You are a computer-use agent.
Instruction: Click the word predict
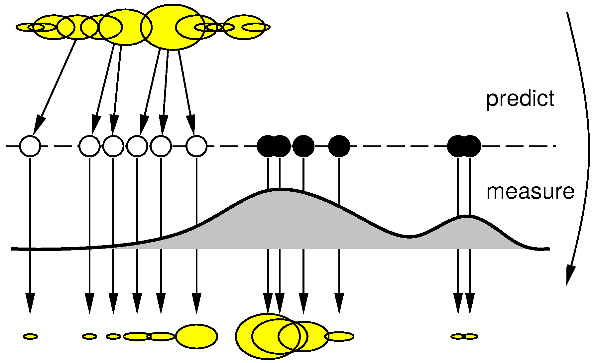[520, 99]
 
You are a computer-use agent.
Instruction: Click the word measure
[530, 192]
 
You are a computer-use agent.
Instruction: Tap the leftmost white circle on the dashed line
[30, 146]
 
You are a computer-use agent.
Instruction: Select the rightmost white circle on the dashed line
[196, 146]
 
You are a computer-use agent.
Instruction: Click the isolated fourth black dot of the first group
[339, 146]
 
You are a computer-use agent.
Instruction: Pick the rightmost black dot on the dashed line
[470, 146]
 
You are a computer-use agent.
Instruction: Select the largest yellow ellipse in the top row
[173, 27]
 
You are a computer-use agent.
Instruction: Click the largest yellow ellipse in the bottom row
[268, 336]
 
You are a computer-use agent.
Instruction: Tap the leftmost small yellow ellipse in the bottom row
[30, 337]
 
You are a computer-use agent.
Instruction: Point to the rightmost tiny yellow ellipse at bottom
[470, 337]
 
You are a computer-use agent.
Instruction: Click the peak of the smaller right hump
[467, 216]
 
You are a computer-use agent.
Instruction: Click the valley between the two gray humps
[410, 237]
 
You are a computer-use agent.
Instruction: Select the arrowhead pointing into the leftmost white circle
[38, 125]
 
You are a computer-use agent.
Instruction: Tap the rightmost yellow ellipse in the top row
[256, 27]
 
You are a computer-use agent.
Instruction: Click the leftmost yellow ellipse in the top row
[30, 27]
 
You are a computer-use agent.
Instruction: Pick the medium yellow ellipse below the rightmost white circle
[196, 336]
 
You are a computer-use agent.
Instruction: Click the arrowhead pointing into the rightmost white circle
[191, 125]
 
